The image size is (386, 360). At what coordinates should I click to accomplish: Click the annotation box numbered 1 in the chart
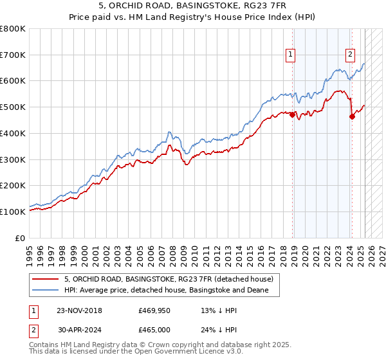pyautogui.click(x=291, y=55)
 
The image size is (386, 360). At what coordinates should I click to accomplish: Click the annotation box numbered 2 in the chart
pyautogui.click(x=351, y=55)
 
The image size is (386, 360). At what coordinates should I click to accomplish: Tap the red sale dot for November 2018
pyautogui.click(x=293, y=115)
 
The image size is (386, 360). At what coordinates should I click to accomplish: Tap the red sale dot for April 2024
pyautogui.click(x=353, y=116)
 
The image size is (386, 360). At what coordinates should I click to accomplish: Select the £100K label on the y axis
pyautogui.click(x=13, y=212)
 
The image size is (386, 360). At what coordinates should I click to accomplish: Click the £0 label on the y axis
pyautogui.click(x=20, y=238)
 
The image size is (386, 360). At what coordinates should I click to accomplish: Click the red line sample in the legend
pyautogui.click(x=46, y=279)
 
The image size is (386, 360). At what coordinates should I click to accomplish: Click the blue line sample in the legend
pyautogui.click(x=46, y=291)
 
